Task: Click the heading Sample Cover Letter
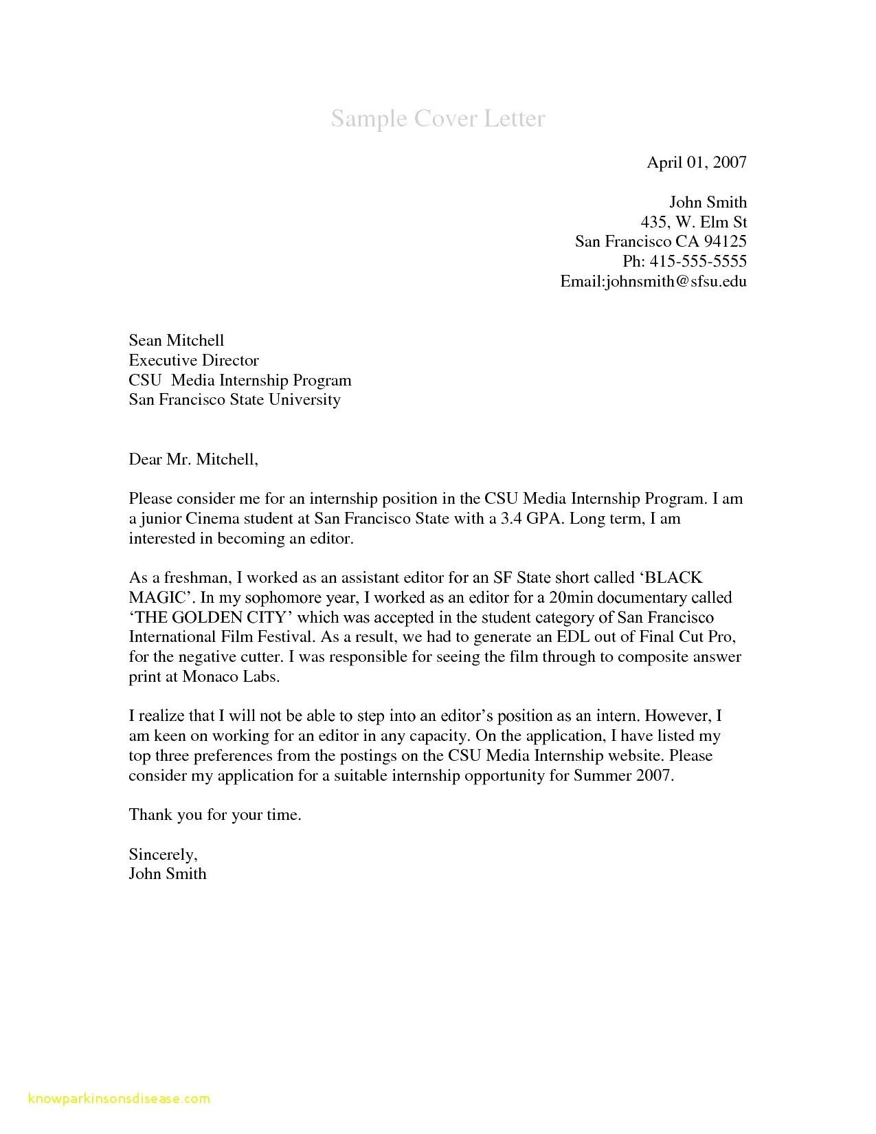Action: (x=438, y=118)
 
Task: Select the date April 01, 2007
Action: (x=696, y=162)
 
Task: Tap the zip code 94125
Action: (x=724, y=241)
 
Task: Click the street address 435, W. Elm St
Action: (x=693, y=222)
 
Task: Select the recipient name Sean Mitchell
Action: (x=177, y=340)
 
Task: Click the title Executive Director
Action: (x=194, y=360)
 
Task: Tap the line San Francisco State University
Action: (x=234, y=399)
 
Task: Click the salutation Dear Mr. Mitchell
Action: (x=193, y=459)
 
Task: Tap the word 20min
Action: (x=561, y=597)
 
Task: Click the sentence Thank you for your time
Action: (x=215, y=815)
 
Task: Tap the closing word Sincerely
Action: (x=163, y=854)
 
